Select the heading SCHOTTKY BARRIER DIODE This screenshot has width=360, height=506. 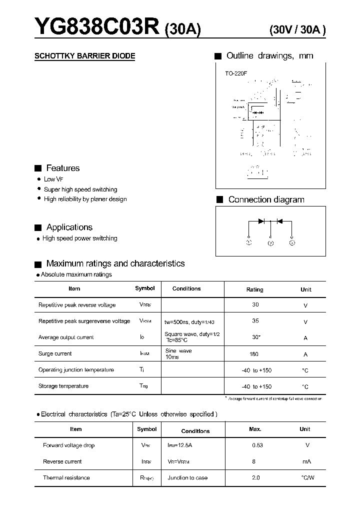tap(84, 56)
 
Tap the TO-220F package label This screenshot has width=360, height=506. tap(236, 73)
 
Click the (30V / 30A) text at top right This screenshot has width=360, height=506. tap(297, 29)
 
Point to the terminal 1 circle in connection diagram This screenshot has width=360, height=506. tap(248, 242)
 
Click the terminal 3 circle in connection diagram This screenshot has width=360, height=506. tap(292, 242)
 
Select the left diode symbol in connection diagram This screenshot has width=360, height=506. tap(260, 221)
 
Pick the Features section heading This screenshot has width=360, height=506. tap(62, 168)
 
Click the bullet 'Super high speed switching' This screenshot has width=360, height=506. tap(80, 189)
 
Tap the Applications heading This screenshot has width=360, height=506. tap(69, 227)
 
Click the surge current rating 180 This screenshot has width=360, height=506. tap(254, 354)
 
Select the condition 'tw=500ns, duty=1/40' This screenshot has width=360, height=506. tap(193, 321)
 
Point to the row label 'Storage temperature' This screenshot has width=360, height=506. tap(63, 386)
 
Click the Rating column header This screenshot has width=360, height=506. tap(254, 289)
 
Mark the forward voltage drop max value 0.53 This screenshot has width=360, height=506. tap(257, 445)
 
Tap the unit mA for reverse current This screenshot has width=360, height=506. tap(306, 461)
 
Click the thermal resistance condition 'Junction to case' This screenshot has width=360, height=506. tap(187, 478)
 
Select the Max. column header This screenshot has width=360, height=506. tap(255, 429)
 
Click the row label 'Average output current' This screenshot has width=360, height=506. tap(66, 337)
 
